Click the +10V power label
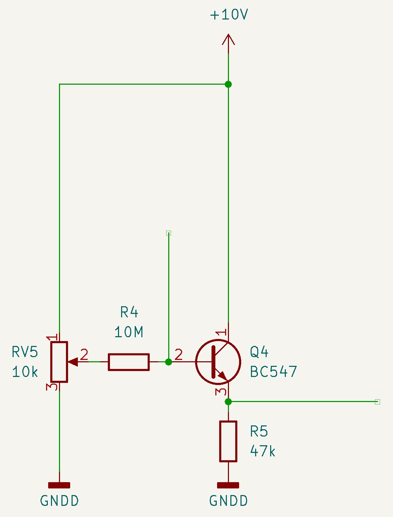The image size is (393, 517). coord(229,15)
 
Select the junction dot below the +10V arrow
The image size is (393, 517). coord(228,84)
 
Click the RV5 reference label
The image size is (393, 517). coord(25,352)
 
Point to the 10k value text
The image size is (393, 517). coord(25,372)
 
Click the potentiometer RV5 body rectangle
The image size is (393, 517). coord(59,362)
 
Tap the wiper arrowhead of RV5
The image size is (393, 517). coord(73,362)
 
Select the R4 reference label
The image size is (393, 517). coord(129,312)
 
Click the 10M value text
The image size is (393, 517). coord(129,332)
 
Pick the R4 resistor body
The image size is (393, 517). coord(129,362)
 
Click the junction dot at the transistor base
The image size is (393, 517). coord(169,362)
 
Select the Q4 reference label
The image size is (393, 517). coord(259,352)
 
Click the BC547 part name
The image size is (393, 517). coord(273,372)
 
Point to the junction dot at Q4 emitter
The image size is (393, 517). coord(228,402)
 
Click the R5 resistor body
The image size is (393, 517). coord(228,441)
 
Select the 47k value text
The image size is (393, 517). coord(262,451)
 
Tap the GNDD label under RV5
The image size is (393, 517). coord(59,501)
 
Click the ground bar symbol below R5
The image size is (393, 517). coord(228,485)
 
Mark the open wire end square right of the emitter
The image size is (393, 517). coord(377,402)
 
